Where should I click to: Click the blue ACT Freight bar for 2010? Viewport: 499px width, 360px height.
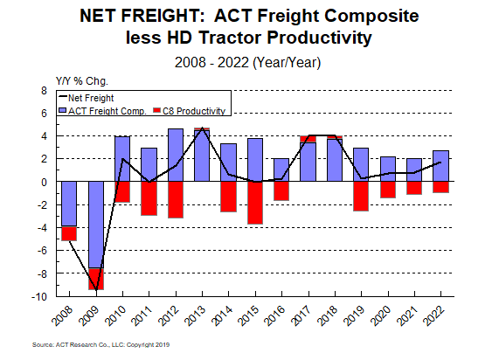click(122, 159)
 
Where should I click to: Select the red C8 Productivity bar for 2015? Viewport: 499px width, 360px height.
click(254, 203)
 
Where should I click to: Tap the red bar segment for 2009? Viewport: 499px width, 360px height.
click(95, 279)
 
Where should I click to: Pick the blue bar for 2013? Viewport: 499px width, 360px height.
click(202, 155)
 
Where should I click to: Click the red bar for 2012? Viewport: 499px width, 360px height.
click(175, 199)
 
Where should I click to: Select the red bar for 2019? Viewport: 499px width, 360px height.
click(361, 196)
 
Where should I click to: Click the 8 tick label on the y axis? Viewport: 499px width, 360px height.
click(43, 90)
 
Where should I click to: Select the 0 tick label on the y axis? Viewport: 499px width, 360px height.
click(43, 182)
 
